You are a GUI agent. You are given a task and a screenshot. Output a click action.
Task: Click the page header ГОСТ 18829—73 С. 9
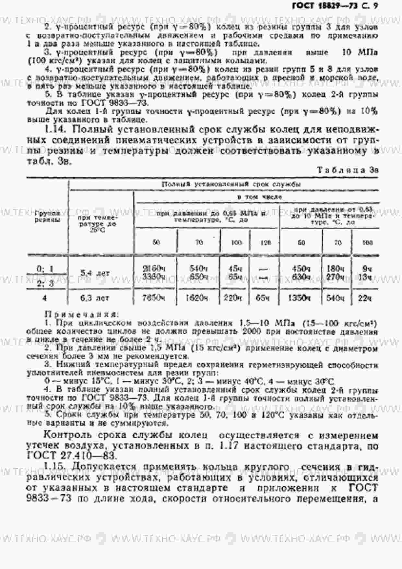(335, 6)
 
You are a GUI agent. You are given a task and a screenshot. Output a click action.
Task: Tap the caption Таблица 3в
(347, 170)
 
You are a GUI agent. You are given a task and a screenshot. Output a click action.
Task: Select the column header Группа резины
(47, 216)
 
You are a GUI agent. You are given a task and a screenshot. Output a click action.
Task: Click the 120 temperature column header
(266, 243)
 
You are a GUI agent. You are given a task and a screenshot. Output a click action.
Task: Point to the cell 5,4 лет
(95, 273)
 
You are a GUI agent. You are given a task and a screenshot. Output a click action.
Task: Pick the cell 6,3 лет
(95, 298)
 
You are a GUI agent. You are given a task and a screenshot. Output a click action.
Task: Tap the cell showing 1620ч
(197, 298)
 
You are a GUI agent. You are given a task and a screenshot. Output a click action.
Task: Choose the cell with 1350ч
(299, 298)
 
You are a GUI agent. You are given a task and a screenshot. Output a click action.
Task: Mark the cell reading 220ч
(233, 298)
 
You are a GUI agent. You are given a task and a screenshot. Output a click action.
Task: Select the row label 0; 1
(45, 269)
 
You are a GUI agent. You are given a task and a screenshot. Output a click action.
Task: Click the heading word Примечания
(81, 314)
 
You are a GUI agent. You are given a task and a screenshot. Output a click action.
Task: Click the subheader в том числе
(259, 197)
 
